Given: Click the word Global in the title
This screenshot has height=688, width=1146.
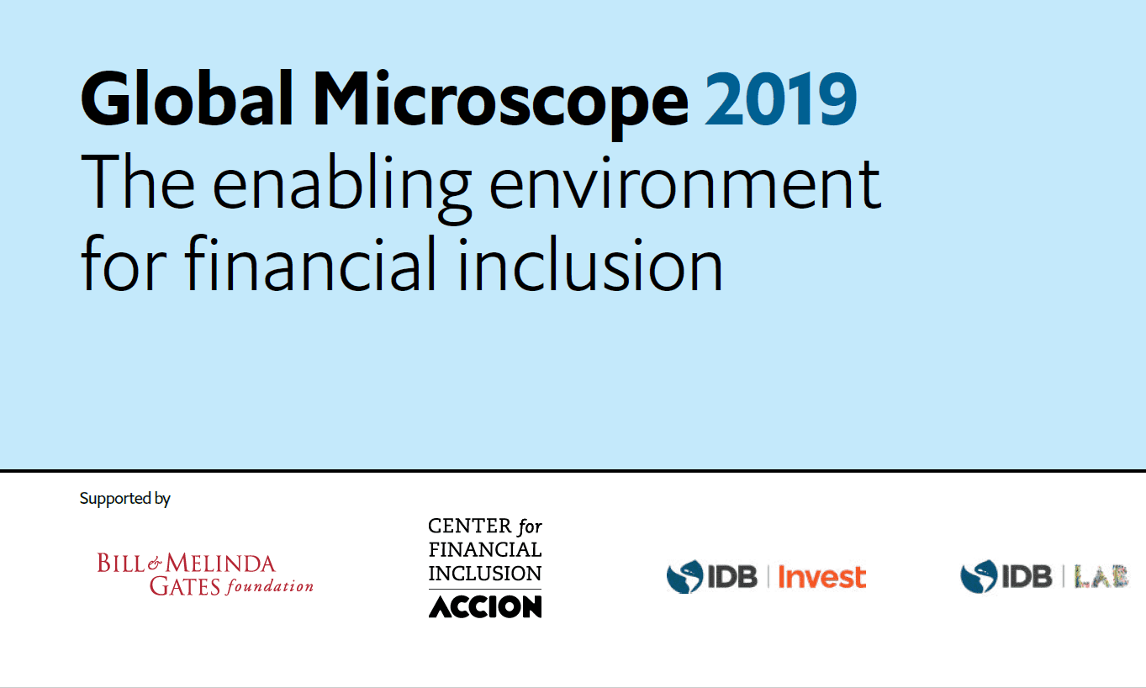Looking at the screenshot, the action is pyautogui.click(x=187, y=98).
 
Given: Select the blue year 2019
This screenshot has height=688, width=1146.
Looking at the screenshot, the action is pyautogui.click(x=781, y=99).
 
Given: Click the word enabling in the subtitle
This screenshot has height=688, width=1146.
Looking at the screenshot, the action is pyautogui.click(x=341, y=189).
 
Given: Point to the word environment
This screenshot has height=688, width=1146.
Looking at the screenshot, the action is pyautogui.click(x=685, y=184).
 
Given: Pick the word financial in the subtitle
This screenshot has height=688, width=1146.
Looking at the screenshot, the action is pyautogui.click(x=310, y=263).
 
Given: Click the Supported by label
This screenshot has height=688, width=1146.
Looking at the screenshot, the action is pyautogui.click(x=124, y=499).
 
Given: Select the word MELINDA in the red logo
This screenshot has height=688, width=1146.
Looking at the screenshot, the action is pyautogui.click(x=220, y=564).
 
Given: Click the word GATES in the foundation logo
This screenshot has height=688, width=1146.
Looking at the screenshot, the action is pyautogui.click(x=185, y=586).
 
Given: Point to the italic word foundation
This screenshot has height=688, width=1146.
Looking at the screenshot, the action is pyautogui.click(x=270, y=586).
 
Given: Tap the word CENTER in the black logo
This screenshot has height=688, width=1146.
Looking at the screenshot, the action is pyautogui.click(x=470, y=526).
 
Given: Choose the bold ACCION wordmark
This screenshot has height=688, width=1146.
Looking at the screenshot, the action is pyautogui.click(x=485, y=607).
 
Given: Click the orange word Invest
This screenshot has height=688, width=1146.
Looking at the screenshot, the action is pyautogui.click(x=821, y=578).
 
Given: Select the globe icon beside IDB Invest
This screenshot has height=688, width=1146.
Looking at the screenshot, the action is pyautogui.click(x=684, y=577).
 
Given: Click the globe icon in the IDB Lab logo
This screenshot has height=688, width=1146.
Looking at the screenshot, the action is pyautogui.click(x=979, y=577).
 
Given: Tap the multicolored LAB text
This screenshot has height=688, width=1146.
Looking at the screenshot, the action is pyautogui.click(x=1101, y=576).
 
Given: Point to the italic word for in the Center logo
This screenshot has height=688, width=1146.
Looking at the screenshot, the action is pyautogui.click(x=530, y=527).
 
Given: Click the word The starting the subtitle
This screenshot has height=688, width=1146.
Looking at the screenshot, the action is pyautogui.click(x=138, y=182).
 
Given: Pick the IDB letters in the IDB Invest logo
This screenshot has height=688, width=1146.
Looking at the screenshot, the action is pyautogui.click(x=732, y=577).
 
